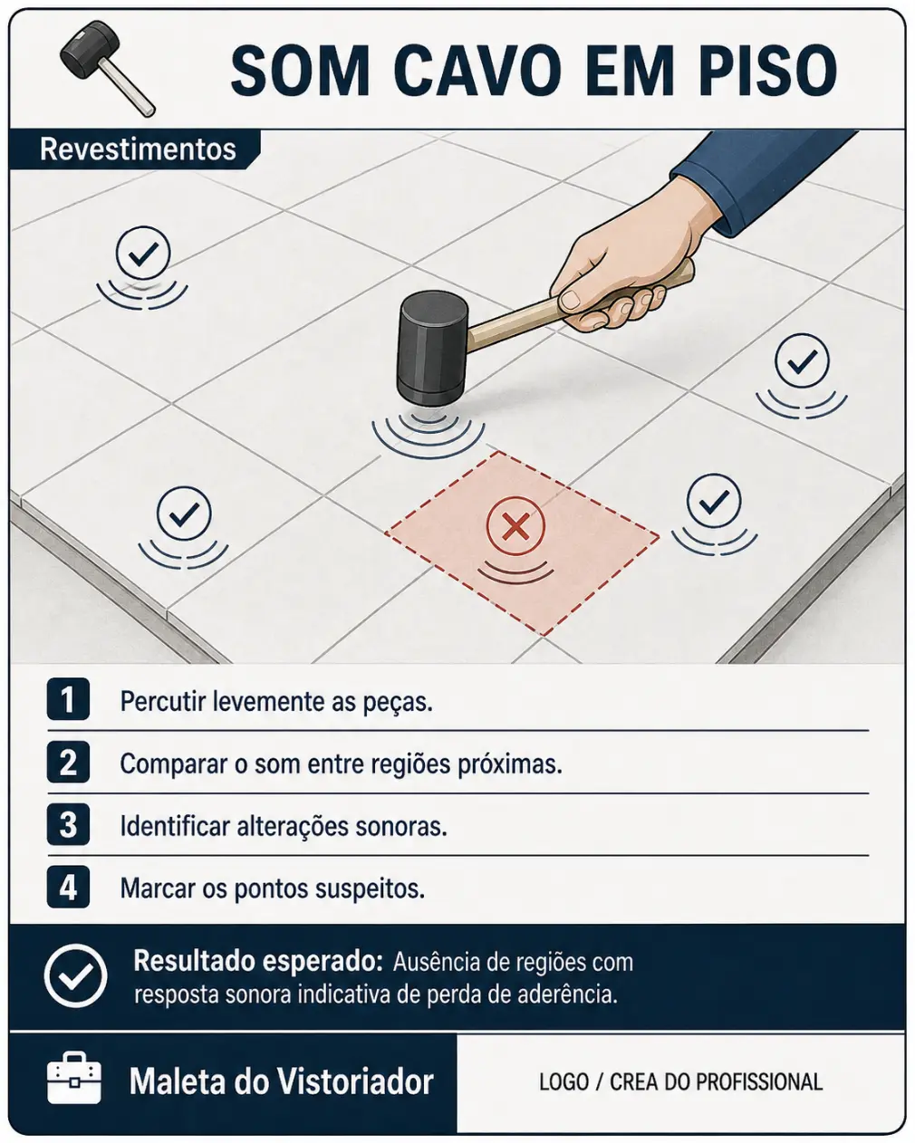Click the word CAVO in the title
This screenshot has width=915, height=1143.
pyautogui.click(x=477, y=70)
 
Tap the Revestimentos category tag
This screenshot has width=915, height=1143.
pyautogui.click(x=137, y=149)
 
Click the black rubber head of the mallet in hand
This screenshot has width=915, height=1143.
pyautogui.click(x=431, y=349)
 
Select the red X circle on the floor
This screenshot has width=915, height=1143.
pyautogui.click(x=515, y=526)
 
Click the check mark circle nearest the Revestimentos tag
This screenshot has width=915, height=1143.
pyautogui.click(x=143, y=254)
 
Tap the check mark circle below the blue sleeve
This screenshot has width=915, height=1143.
pyautogui.click(x=801, y=361)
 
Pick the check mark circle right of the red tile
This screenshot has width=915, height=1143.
pyautogui.click(x=713, y=501)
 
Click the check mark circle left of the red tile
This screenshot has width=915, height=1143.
pyautogui.click(x=184, y=514)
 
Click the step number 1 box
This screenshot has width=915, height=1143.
pyautogui.click(x=68, y=699)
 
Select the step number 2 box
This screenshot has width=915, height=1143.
pyautogui.click(x=68, y=762)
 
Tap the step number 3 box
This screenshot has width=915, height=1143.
pyautogui.click(x=68, y=824)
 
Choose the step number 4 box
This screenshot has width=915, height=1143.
pyautogui.click(x=68, y=887)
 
